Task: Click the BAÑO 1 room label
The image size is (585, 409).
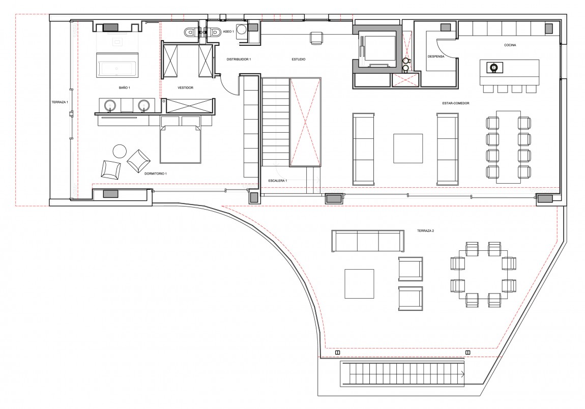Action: tap(124, 87)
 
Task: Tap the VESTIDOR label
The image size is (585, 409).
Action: tap(186, 87)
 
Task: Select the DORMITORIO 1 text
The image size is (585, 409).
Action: tap(156, 173)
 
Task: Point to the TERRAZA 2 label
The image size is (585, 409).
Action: tap(425, 231)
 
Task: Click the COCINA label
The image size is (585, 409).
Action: tap(510, 45)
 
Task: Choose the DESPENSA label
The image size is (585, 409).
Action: tap(436, 57)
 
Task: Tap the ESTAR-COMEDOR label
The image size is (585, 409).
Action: tap(456, 103)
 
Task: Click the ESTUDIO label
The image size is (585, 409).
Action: tap(299, 60)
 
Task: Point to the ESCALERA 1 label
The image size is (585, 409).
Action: tap(278, 181)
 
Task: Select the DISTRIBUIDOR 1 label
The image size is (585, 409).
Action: tap(239, 60)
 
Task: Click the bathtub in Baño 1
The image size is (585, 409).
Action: tap(118, 65)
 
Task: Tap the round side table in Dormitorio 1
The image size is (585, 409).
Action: tap(120, 151)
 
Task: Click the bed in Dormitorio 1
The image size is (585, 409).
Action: tap(181, 139)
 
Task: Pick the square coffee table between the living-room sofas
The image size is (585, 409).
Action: tap(408, 148)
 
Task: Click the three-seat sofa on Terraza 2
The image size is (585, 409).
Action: tap(368, 241)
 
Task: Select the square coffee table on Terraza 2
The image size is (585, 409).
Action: tap(359, 284)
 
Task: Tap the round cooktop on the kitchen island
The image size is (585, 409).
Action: tap(494, 68)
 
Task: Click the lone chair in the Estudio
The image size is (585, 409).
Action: tap(317, 39)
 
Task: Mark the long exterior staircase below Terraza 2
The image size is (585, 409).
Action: tap(402, 374)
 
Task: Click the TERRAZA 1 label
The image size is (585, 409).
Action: tap(60, 102)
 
